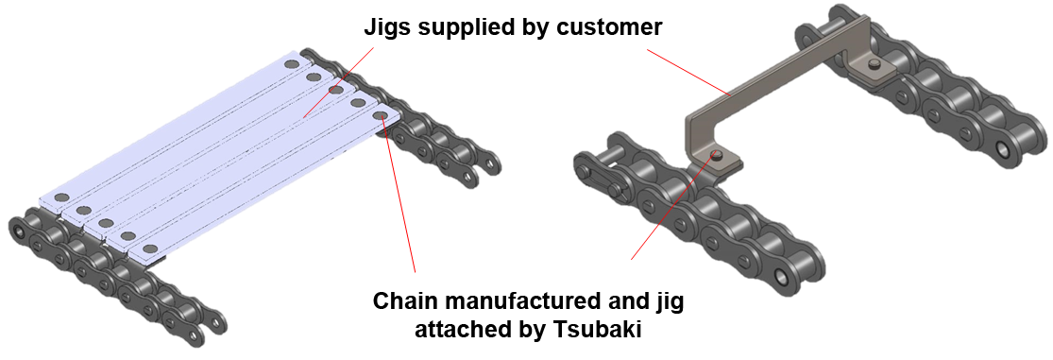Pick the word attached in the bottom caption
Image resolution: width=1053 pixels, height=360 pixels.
pyautogui.click(x=464, y=331)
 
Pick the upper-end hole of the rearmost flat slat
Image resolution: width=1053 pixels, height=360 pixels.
pyautogui.click(x=291, y=64)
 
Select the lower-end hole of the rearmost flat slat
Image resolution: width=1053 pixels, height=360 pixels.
pyautogui.click(x=61, y=197)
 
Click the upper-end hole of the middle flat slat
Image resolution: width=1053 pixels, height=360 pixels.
pyautogui.click(x=336, y=90)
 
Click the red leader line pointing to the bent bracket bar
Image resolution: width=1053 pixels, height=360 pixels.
pyautogui.click(x=688, y=72)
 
